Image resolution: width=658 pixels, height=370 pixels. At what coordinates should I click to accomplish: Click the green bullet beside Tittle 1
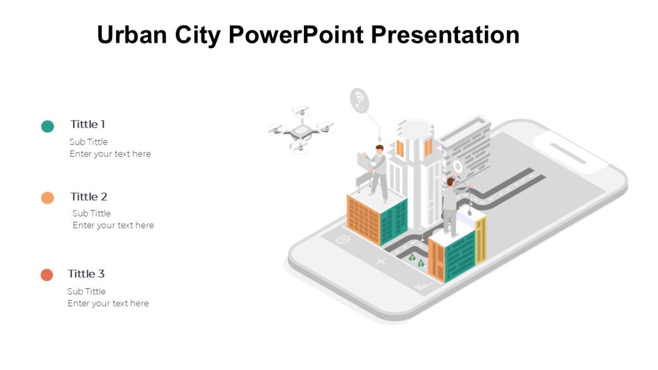(x=48, y=126)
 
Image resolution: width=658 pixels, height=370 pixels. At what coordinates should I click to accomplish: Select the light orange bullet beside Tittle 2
(x=48, y=198)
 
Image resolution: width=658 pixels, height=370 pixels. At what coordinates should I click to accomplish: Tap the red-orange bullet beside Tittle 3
(x=47, y=275)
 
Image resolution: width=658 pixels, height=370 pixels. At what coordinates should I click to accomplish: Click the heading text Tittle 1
(x=88, y=124)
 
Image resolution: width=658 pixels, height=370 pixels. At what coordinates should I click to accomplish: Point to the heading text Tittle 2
(x=89, y=197)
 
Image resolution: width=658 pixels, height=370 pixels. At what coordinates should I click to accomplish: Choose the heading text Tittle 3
(x=86, y=274)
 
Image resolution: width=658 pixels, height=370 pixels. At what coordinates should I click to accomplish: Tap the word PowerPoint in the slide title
(x=296, y=35)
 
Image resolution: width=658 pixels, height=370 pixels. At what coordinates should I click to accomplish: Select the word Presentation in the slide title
(x=445, y=35)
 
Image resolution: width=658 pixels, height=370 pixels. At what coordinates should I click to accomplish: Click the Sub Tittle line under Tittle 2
(x=92, y=213)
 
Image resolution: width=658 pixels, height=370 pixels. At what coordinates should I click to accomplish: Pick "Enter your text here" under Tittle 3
(x=108, y=303)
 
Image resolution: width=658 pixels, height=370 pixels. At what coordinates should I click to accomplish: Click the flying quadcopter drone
(x=300, y=130)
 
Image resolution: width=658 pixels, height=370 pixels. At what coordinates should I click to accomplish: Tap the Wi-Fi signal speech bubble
(x=360, y=101)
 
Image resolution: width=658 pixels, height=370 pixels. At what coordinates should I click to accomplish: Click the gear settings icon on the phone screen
(x=343, y=239)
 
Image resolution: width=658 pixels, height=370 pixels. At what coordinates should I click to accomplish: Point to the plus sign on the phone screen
(x=381, y=261)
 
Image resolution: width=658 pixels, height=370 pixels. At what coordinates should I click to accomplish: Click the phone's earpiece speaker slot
(x=568, y=153)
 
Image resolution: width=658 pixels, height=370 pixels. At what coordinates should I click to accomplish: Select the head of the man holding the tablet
(x=379, y=150)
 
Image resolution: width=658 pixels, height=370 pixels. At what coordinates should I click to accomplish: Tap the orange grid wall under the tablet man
(x=364, y=218)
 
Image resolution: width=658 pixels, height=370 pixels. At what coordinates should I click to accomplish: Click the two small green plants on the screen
(x=417, y=260)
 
